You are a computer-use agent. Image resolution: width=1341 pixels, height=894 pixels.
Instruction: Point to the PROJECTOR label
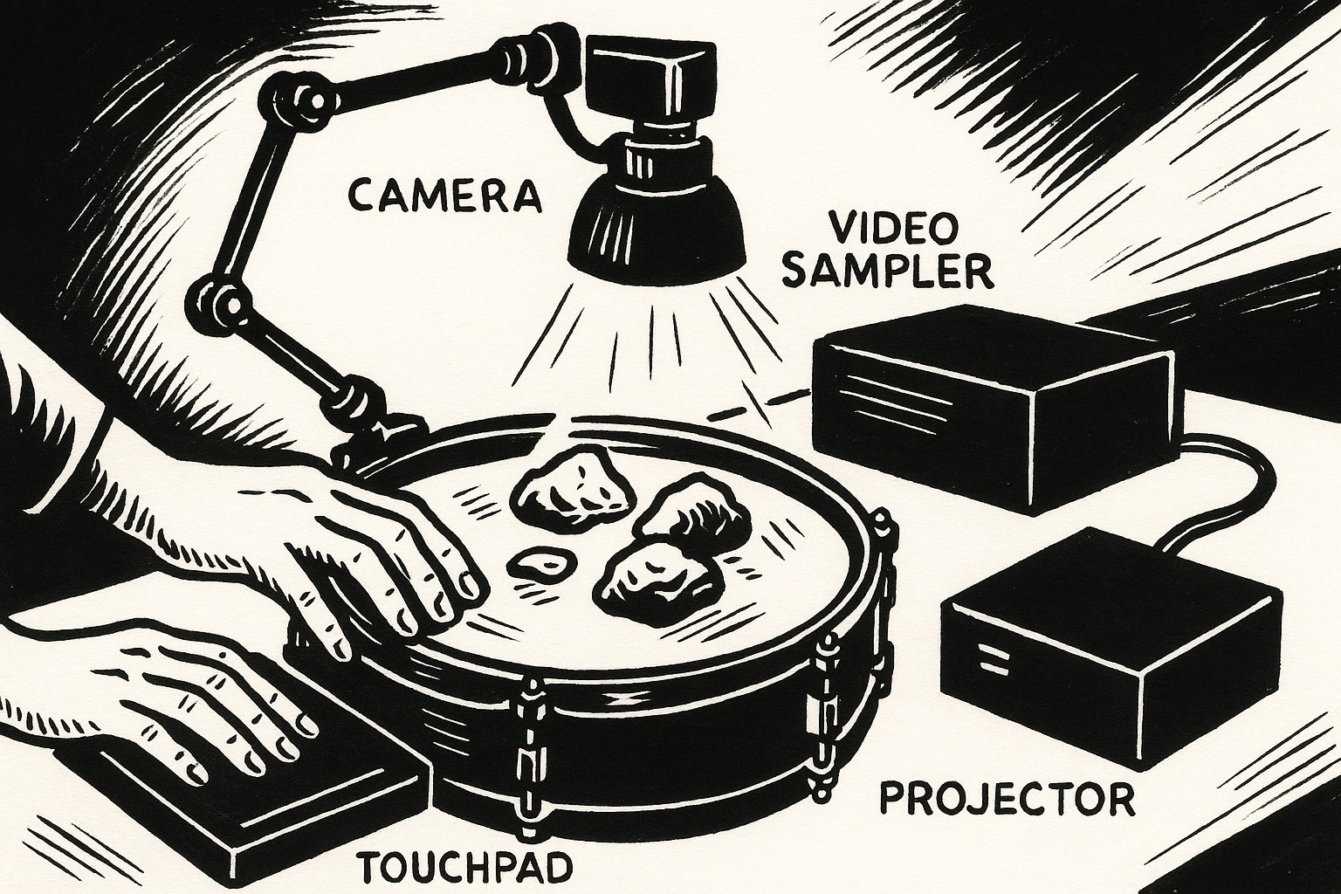tap(1008, 797)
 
